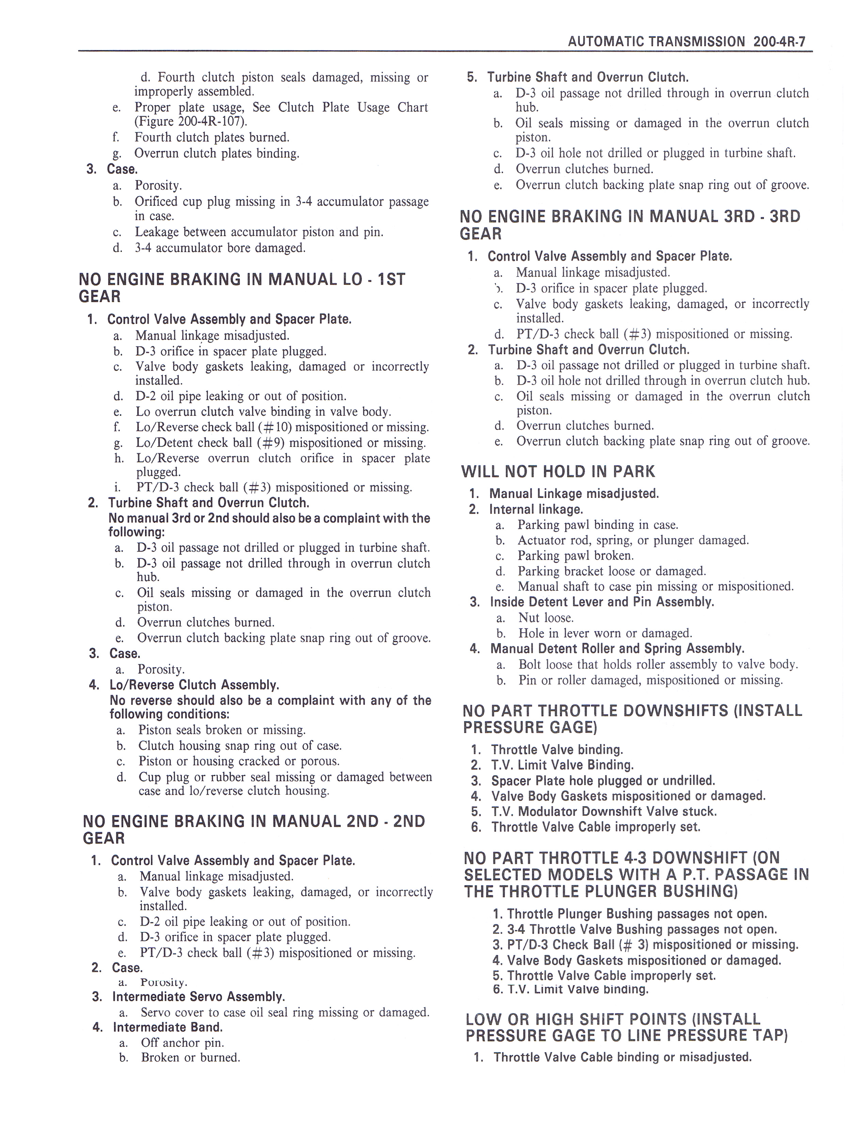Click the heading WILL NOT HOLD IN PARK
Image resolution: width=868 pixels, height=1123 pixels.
558,472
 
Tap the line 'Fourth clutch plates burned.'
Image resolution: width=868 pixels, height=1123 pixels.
212,137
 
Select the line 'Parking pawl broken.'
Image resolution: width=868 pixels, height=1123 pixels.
575,556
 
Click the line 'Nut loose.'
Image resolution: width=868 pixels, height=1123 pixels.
546,618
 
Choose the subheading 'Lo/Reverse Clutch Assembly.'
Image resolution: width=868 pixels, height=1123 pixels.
194,685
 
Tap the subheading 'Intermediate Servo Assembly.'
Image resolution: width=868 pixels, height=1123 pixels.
198,996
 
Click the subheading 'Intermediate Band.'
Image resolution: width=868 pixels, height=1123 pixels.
167,1027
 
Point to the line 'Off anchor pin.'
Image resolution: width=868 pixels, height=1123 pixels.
182,1043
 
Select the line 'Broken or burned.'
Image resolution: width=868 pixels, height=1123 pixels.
191,1058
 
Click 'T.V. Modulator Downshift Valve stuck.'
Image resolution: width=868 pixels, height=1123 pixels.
604,811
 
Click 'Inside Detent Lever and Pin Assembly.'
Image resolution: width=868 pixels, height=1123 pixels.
601,602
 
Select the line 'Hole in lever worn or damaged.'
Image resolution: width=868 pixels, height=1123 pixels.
605,633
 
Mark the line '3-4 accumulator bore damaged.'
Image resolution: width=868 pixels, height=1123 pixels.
220,248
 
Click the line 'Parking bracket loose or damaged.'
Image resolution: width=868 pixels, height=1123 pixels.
611,571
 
